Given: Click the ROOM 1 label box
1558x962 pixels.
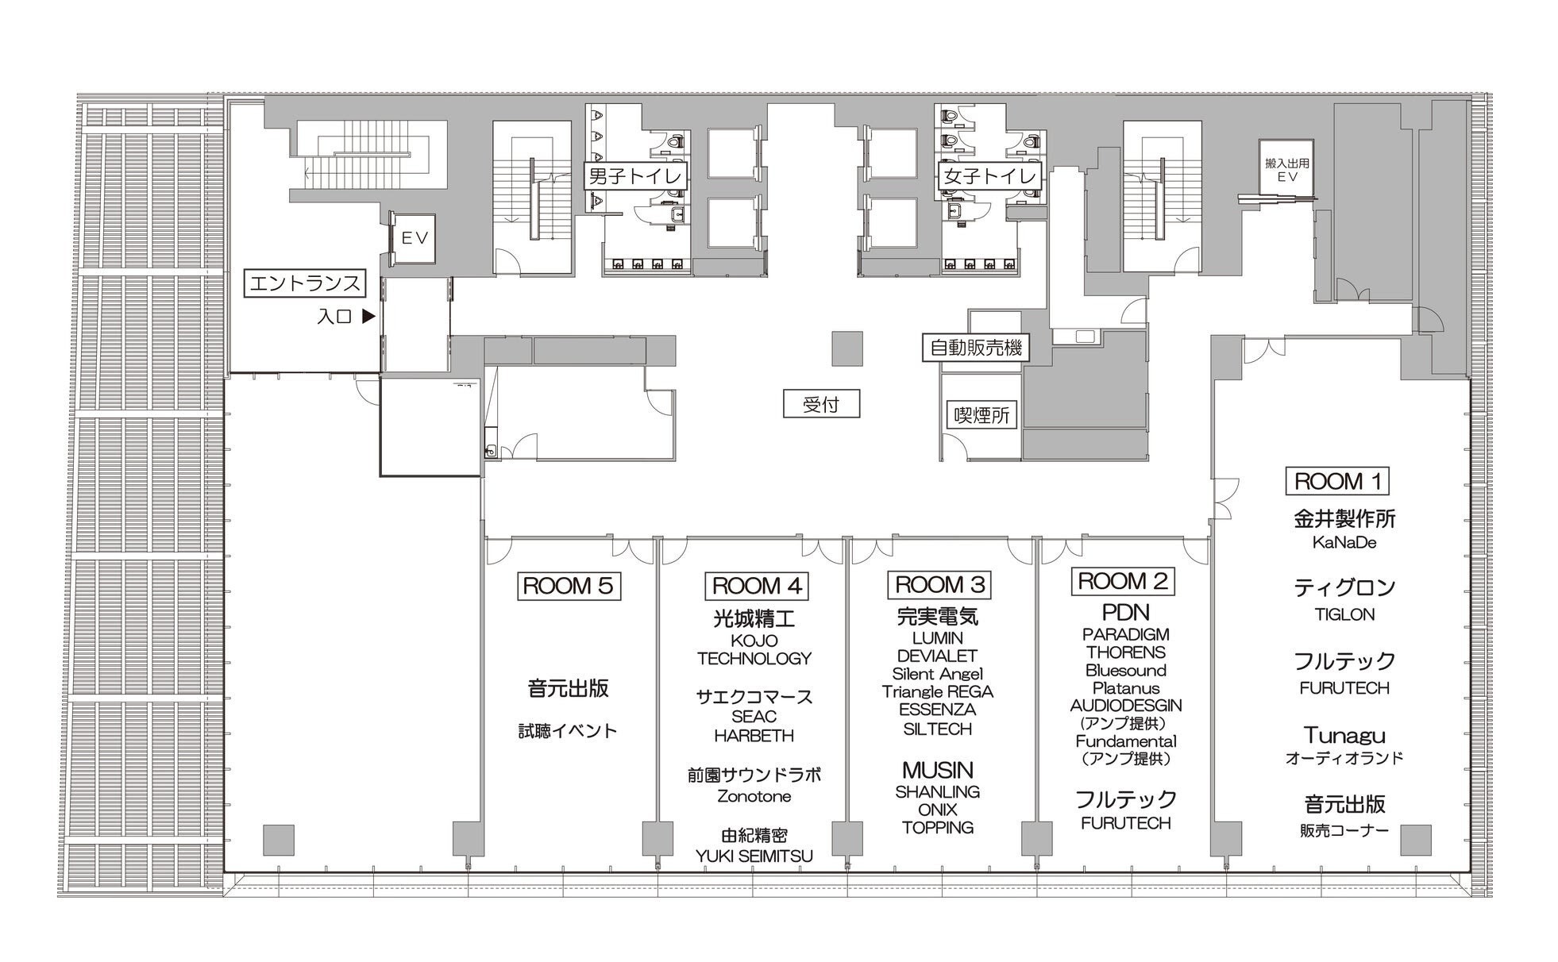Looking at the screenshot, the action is [1337, 481].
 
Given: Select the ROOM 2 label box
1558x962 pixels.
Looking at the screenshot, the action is [1122, 581].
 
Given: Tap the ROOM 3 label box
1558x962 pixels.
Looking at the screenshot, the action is [939, 585].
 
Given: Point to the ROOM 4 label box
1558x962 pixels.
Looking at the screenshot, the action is [757, 586].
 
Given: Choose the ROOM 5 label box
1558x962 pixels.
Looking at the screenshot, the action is [569, 586].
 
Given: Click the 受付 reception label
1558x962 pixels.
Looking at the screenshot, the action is [821, 404].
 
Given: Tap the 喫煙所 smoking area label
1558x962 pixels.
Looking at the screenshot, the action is [982, 414].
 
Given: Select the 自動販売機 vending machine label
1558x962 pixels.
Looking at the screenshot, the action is [976, 347].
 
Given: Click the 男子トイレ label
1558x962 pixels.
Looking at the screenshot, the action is [635, 175].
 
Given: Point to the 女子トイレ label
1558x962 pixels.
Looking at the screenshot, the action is [989, 175].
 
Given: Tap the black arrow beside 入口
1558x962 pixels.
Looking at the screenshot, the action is [368, 316].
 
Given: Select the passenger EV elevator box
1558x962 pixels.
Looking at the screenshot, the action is [413, 237].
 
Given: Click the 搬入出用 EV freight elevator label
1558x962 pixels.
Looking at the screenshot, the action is [1286, 170].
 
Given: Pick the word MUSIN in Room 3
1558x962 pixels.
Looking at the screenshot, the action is [937, 770].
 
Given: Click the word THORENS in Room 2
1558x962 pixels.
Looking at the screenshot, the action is [1126, 652].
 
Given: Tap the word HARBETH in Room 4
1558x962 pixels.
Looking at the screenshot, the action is [754, 736].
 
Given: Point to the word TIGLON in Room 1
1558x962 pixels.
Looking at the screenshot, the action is [1344, 614].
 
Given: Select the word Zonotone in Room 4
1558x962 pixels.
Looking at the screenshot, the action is [754, 796].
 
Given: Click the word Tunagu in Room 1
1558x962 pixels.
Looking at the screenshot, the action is [1344, 736].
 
